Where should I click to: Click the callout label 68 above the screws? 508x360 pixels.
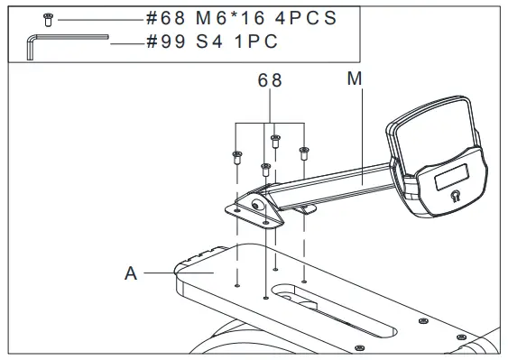[271, 80]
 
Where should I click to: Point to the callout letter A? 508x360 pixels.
[131, 273]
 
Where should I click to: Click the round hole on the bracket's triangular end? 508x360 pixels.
[257, 205]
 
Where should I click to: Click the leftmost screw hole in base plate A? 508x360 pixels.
[236, 286]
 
